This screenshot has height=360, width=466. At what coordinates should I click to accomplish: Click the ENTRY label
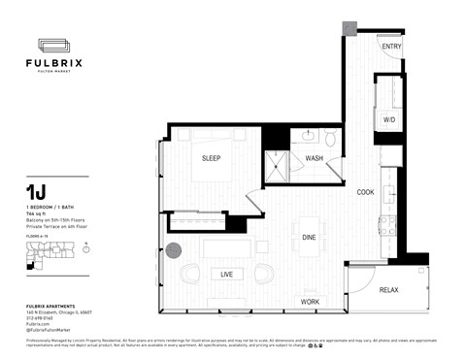[391, 47]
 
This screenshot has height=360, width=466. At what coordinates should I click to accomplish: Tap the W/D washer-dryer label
[389, 120]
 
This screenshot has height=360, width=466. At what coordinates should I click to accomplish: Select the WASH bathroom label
[315, 157]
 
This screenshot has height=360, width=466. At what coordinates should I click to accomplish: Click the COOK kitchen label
[365, 191]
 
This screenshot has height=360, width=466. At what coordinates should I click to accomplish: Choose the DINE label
[308, 236]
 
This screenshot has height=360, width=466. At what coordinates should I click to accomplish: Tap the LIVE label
[226, 275]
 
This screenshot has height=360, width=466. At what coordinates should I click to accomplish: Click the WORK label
[310, 302]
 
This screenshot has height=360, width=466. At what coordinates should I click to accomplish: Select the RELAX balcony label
[388, 290]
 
